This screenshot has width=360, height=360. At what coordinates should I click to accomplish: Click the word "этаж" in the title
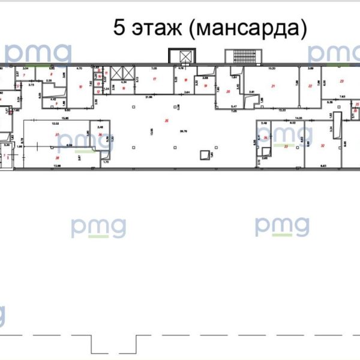click(x=155, y=28)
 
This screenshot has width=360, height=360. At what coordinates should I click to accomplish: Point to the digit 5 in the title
click(x=119, y=28)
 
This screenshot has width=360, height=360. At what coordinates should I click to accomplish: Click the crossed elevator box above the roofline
click(x=184, y=57)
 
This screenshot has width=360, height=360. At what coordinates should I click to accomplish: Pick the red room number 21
click(x=273, y=87)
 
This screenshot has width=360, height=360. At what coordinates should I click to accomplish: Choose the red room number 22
click(x=310, y=86)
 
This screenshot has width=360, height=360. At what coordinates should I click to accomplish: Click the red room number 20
click(x=228, y=91)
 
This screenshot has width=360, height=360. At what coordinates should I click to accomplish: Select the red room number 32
click(x=323, y=145)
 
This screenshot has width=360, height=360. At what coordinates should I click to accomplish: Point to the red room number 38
click(x=57, y=157)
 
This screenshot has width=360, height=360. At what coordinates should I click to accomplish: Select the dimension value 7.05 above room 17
click(x=154, y=69)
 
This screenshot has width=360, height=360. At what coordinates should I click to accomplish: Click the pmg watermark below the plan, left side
click(x=99, y=227)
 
